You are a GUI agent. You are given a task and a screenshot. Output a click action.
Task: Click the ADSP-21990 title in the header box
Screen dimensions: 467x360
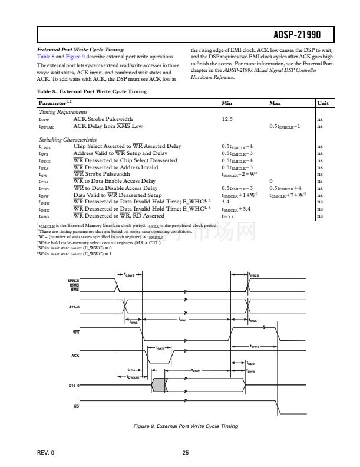(x=305, y=34)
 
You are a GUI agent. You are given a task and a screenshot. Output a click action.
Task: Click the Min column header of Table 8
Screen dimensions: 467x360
(x=226, y=103)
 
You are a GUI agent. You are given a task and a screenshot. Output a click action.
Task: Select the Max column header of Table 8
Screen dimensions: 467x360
(x=275, y=103)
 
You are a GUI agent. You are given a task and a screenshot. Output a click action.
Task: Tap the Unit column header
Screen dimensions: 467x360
(x=322, y=103)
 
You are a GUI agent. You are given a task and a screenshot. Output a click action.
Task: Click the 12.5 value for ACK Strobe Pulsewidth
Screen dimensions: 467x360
(x=227, y=119)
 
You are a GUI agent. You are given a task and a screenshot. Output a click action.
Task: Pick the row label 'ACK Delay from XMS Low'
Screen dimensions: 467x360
(x=108, y=126)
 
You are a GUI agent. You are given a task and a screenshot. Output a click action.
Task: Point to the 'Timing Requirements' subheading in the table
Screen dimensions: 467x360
(x=62, y=111)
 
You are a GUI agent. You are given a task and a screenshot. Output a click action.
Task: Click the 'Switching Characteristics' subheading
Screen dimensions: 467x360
(x=66, y=140)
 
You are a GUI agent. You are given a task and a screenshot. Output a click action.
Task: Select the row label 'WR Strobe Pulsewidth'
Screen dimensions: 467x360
(x=102, y=174)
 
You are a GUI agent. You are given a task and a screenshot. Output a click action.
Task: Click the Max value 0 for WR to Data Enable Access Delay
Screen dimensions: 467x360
(x=270, y=181)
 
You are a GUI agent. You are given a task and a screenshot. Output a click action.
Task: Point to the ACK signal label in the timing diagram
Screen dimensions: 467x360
(x=75, y=355)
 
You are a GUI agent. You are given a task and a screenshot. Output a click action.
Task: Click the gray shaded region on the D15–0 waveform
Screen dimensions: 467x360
(x=158, y=384)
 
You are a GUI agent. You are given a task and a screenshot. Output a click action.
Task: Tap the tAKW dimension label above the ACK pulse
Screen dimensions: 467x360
(x=160, y=348)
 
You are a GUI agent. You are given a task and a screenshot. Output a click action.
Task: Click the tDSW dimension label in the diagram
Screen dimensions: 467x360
(x=197, y=371)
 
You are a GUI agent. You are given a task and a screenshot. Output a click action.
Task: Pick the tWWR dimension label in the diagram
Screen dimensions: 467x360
(x=255, y=346)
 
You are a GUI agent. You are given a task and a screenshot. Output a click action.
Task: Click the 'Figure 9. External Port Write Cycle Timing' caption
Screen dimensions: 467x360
(x=187, y=426)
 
